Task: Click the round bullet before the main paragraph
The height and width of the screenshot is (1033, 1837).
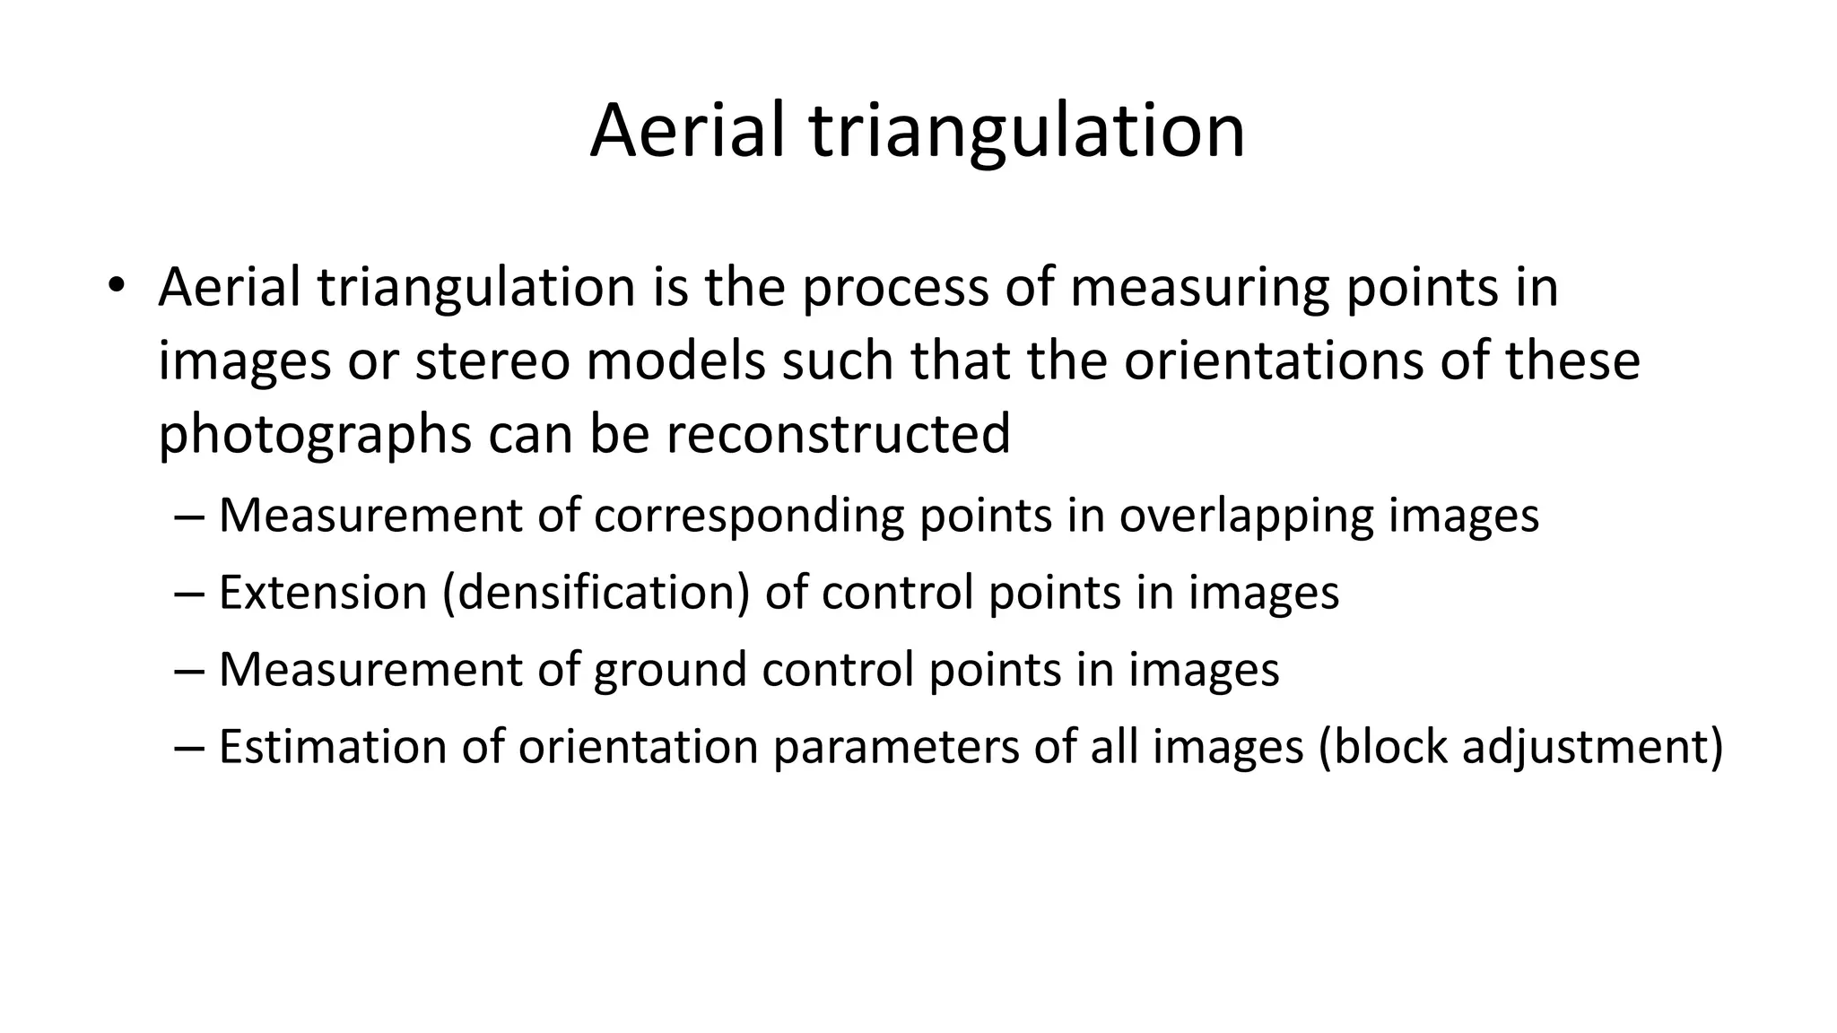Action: pos(116,286)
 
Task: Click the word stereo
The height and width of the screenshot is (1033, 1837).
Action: pos(492,360)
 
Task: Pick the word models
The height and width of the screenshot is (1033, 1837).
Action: pos(675,360)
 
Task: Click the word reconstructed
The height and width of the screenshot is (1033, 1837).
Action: pos(838,434)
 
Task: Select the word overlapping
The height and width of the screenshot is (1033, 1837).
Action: pos(1246,516)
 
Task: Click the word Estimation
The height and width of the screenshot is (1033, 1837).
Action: pos(332,747)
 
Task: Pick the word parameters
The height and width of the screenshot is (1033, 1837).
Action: pos(895,747)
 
